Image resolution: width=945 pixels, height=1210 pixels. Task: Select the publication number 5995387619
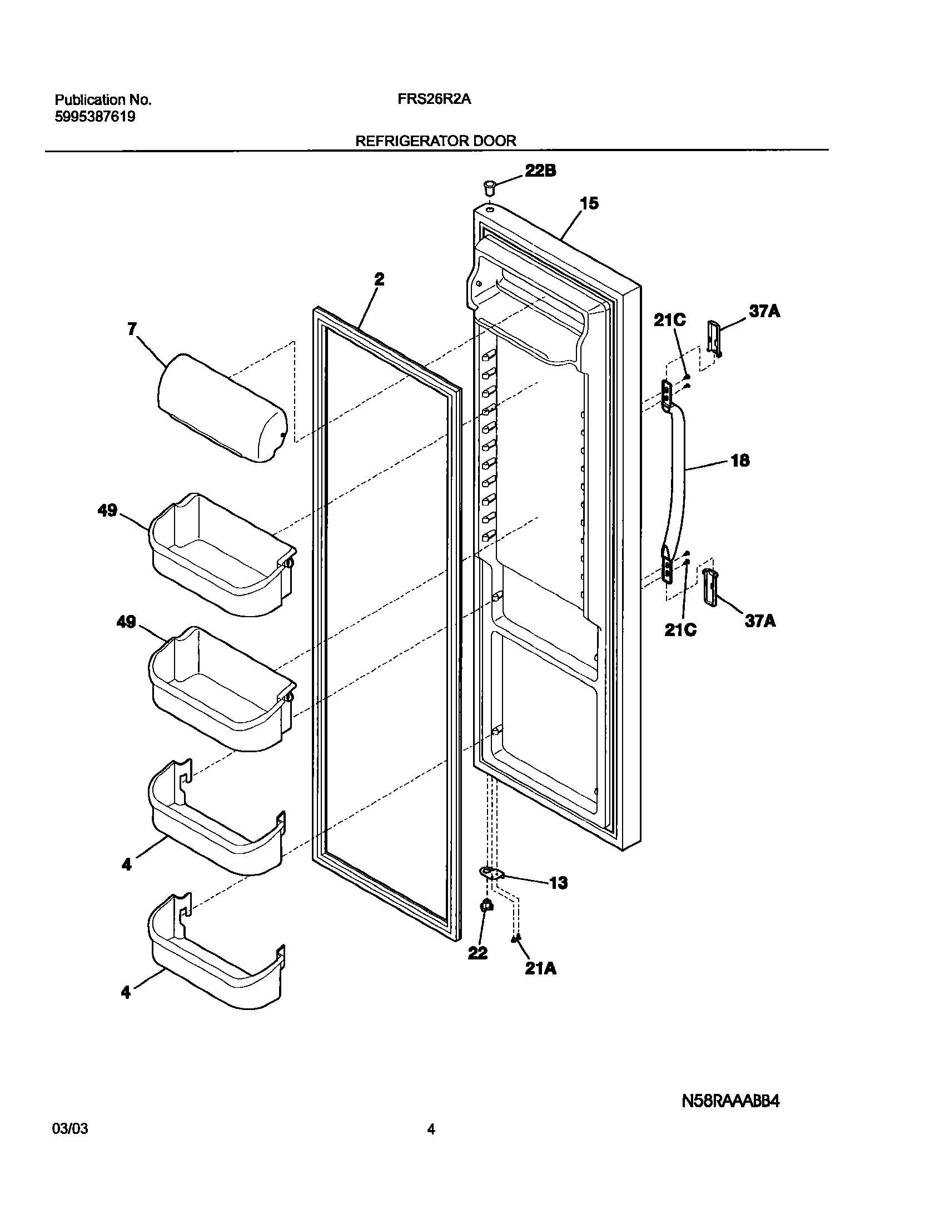click(x=94, y=117)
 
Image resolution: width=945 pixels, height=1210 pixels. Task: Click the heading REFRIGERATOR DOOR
click(x=435, y=141)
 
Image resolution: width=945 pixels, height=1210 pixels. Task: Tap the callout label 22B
click(x=540, y=171)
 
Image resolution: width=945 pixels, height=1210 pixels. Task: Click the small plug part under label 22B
click(x=489, y=187)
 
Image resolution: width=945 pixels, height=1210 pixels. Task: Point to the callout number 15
click(x=589, y=204)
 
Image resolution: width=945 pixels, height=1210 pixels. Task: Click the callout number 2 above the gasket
click(x=379, y=279)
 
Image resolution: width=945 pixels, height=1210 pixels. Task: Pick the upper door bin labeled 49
click(x=222, y=556)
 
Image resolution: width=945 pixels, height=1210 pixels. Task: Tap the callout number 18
click(x=740, y=461)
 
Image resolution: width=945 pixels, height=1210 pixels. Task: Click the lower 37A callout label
click(x=760, y=621)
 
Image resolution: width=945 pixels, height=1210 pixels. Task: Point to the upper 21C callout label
click(x=669, y=320)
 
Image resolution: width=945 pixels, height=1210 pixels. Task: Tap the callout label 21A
click(x=540, y=968)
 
